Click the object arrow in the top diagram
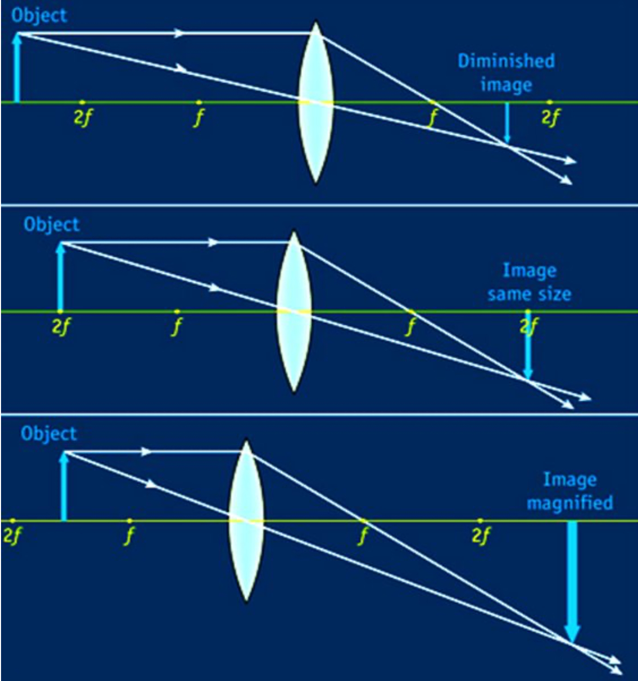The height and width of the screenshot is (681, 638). pyautogui.click(x=17, y=67)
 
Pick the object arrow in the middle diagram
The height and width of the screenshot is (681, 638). pyautogui.click(x=61, y=277)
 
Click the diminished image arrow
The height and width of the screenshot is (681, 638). pyautogui.click(x=507, y=123)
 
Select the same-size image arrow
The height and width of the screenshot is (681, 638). pyautogui.click(x=528, y=345)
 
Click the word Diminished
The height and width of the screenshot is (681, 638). pyautogui.click(x=506, y=61)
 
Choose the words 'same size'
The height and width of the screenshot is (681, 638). pyautogui.click(x=529, y=294)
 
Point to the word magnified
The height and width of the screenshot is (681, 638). pyautogui.click(x=570, y=503)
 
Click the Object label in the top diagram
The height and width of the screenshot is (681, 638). pyautogui.click(x=39, y=16)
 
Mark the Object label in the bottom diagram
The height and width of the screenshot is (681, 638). pyautogui.click(x=49, y=433)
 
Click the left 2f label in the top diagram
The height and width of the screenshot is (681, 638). pyautogui.click(x=83, y=118)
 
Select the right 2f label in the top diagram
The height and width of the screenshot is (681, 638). pyautogui.click(x=550, y=118)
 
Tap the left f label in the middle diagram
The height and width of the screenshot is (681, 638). pyautogui.click(x=177, y=327)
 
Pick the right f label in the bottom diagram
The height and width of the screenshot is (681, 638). pyautogui.click(x=363, y=535)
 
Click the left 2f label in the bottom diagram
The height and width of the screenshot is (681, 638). pyautogui.click(x=12, y=535)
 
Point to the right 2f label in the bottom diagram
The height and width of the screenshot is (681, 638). pyautogui.click(x=481, y=535)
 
